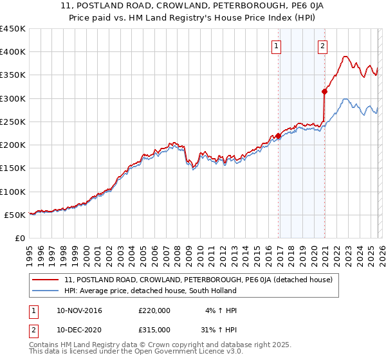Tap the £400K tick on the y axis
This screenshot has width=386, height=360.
pyautogui.click(x=13, y=52)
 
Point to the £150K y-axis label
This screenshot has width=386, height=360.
pyautogui.click(x=13, y=168)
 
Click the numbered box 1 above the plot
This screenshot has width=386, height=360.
pyautogui.click(x=276, y=46)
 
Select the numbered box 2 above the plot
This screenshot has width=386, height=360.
pyautogui.click(x=322, y=46)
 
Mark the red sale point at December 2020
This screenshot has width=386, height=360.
pyautogui.click(x=325, y=92)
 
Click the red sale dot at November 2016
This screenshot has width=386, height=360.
pyautogui.click(x=279, y=136)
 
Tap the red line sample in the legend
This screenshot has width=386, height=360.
pyautogui.click(x=45, y=280)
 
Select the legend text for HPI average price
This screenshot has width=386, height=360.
pyautogui.click(x=151, y=291)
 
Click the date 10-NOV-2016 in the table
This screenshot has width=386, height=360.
pyautogui.click(x=79, y=310)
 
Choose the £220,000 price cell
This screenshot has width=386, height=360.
pyautogui.click(x=154, y=310)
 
